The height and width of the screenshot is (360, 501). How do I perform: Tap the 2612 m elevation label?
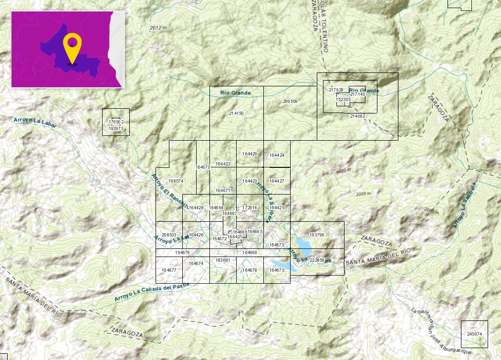158,28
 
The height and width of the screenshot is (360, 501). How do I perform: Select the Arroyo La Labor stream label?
35,123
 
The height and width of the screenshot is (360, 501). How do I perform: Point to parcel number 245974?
475,334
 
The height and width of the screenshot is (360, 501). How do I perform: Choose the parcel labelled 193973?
116,129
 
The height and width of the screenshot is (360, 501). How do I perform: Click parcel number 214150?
236,113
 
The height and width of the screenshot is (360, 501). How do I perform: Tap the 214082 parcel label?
357,116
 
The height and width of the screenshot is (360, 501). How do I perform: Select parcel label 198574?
176,181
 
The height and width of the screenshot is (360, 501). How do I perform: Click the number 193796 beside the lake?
317,235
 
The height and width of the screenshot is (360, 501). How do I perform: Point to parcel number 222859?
317,260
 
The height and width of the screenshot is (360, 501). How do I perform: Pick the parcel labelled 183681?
223,260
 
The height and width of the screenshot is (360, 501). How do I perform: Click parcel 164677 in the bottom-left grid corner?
169,270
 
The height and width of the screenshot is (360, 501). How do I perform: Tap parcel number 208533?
169,235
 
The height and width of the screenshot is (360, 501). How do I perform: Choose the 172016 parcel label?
250,208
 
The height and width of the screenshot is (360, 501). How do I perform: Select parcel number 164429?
250,154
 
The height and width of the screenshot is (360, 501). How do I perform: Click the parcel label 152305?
343,100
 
